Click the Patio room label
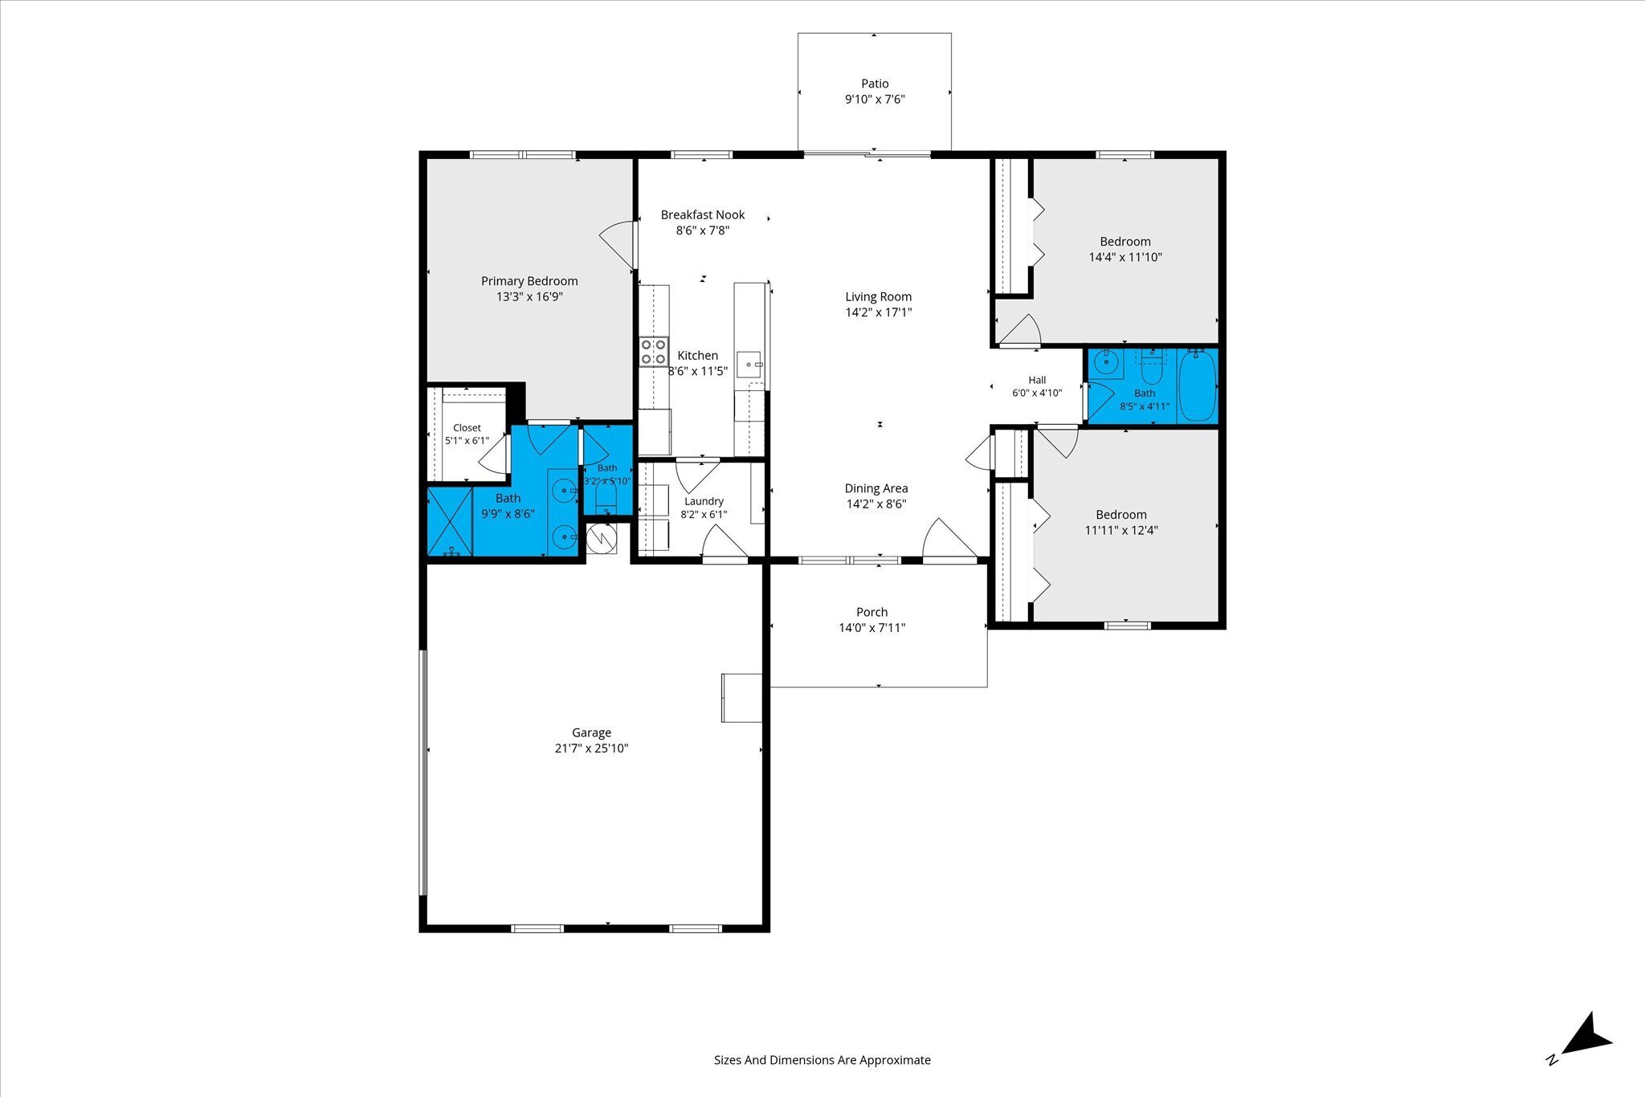click(x=875, y=84)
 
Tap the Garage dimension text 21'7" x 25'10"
click(x=591, y=748)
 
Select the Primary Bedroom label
click(x=529, y=281)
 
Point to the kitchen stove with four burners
click(x=654, y=352)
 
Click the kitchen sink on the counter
click(x=749, y=364)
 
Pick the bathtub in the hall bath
click(x=1198, y=385)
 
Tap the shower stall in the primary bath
click(x=449, y=521)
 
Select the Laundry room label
click(x=704, y=501)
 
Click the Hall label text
click(x=1037, y=380)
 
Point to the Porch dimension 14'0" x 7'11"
click(x=871, y=628)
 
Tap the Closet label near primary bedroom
click(x=467, y=428)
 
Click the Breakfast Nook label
click(x=703, y=214)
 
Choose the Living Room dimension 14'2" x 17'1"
click(x=878, y=312)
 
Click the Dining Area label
click(x=876, y=488)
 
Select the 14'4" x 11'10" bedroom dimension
click(x=1125, y=258)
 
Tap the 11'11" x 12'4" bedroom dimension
click(x=1121, y=530)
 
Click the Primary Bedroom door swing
click(x=617, y=241)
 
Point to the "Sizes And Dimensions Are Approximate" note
click(x=822, y=1060)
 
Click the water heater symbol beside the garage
click(x=601, y=539)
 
